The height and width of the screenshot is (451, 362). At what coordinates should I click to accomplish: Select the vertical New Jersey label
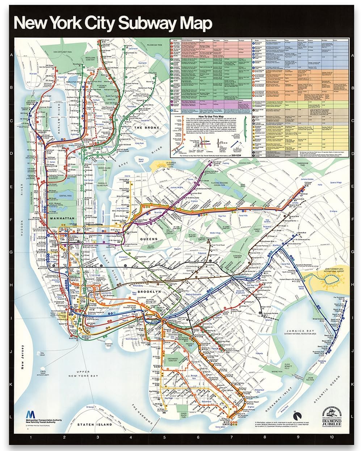click(x=22, y=357)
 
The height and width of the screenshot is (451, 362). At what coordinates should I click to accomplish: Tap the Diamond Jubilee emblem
click(x=329, y=413)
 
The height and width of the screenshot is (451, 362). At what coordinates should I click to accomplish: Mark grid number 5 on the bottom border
click(x=164, y=437)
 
